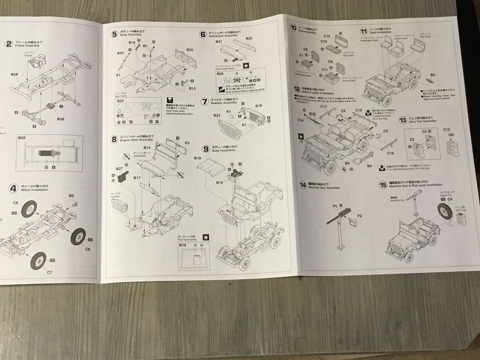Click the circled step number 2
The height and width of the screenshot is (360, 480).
(8, 43)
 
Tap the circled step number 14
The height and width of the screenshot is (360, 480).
(302, 185)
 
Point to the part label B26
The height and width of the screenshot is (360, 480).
(60, 119)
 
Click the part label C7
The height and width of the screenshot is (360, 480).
(49, 273)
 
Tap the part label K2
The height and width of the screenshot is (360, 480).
(187, 143)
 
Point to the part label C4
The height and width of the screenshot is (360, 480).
(449, 199)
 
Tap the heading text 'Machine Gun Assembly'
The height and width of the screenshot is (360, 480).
(326, 187)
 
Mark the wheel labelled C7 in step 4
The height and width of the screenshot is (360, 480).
(38, 260)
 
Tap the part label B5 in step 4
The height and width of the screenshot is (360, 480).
(71, 195)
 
